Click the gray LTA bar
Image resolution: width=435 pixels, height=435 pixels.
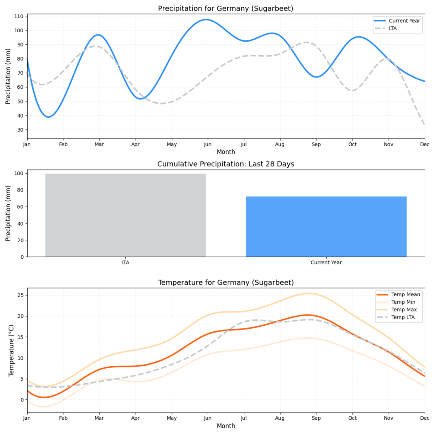point(125,215)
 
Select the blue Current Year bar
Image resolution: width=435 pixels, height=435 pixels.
point(326,226)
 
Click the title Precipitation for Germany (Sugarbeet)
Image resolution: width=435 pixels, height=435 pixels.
point(226,8)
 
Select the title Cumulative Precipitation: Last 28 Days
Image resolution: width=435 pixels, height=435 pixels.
point(226,164)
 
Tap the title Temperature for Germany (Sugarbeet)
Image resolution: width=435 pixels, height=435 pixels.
point(226,282)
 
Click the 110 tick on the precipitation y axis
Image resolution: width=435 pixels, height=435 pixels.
point(20,16)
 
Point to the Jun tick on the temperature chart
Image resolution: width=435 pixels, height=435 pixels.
point(208,419)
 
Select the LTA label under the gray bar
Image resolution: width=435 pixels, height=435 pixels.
point(125,263)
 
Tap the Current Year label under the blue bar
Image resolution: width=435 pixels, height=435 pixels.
point(326,263)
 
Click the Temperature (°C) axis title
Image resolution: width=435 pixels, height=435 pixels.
point(11,350)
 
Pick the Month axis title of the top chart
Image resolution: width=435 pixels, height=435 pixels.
point(226,152)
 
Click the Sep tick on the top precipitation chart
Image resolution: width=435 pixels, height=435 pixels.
point(316,145)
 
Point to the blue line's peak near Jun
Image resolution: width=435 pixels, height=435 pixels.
point(206,20)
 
